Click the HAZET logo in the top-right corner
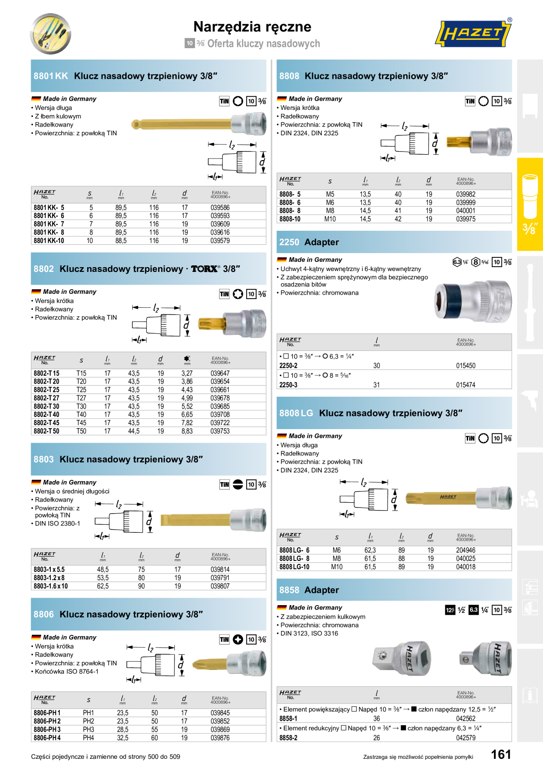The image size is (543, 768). (x=473, y=33)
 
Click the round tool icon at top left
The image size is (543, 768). (x=51, y=34)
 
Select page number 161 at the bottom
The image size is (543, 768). (x=501, y=754)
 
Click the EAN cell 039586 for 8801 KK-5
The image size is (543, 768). (x=220, y=208)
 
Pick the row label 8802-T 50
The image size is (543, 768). (x=46, y=431)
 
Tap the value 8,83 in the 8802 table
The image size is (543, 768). (x=187, y=431)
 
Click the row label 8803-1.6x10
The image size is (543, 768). (x=51, y=586)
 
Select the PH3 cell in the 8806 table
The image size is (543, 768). (x=88, y=729)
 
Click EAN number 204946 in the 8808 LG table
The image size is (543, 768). (x=465, y=550)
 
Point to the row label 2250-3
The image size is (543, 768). (x=288, y=385)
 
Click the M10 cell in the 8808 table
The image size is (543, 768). (x=330, y=219)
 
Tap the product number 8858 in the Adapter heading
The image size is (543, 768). (x=289, y=590)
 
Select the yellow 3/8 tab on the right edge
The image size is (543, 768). (x=530, y=204)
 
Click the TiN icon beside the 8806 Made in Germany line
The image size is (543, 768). (x=224, y=640)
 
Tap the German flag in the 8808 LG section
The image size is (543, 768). (x=282, y=436)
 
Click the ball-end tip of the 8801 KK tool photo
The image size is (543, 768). (x=135, y=125)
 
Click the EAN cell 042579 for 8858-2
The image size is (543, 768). (x=465, y=738)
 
